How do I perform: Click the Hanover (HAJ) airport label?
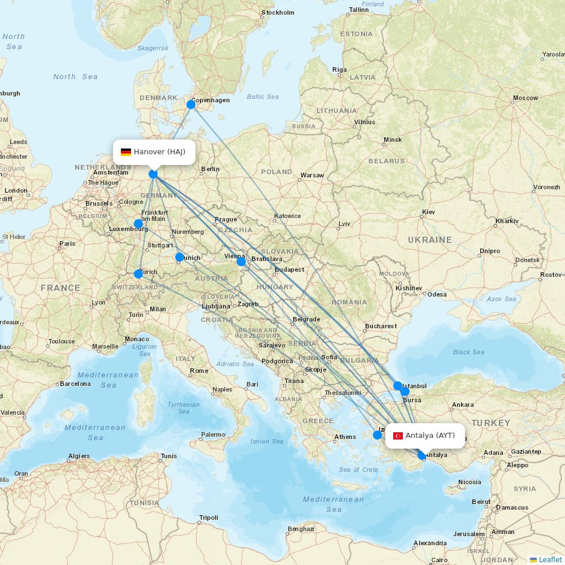[x=159, y=152]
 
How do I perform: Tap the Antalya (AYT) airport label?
[x=430, y=436]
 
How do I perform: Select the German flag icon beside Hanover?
[x=126, y=152]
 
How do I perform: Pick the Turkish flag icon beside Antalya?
[x=398, y=436]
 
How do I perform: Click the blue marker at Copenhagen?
[x=191, y=105]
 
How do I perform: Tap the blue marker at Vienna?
[x=241, y=261]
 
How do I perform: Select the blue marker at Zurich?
[x=138, y=274]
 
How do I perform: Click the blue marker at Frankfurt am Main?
[x=138, y=224]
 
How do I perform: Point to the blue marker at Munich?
[x=180, y=258]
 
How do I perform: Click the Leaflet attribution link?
[x=550, y=559]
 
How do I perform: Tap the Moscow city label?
[x=525, y=98]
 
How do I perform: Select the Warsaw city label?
[x=312, y=175]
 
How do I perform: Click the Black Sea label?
[x=468, y=352]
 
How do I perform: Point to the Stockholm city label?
[x=278, y=12]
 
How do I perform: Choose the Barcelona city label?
[x=75, y=384]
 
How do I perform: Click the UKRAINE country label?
[x=430, y=240]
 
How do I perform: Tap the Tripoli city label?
[x=208, y=518]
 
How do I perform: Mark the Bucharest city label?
[x=381, y=326]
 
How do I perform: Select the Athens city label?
[x=345, y=437]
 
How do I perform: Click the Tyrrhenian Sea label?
[x=184, y=408]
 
